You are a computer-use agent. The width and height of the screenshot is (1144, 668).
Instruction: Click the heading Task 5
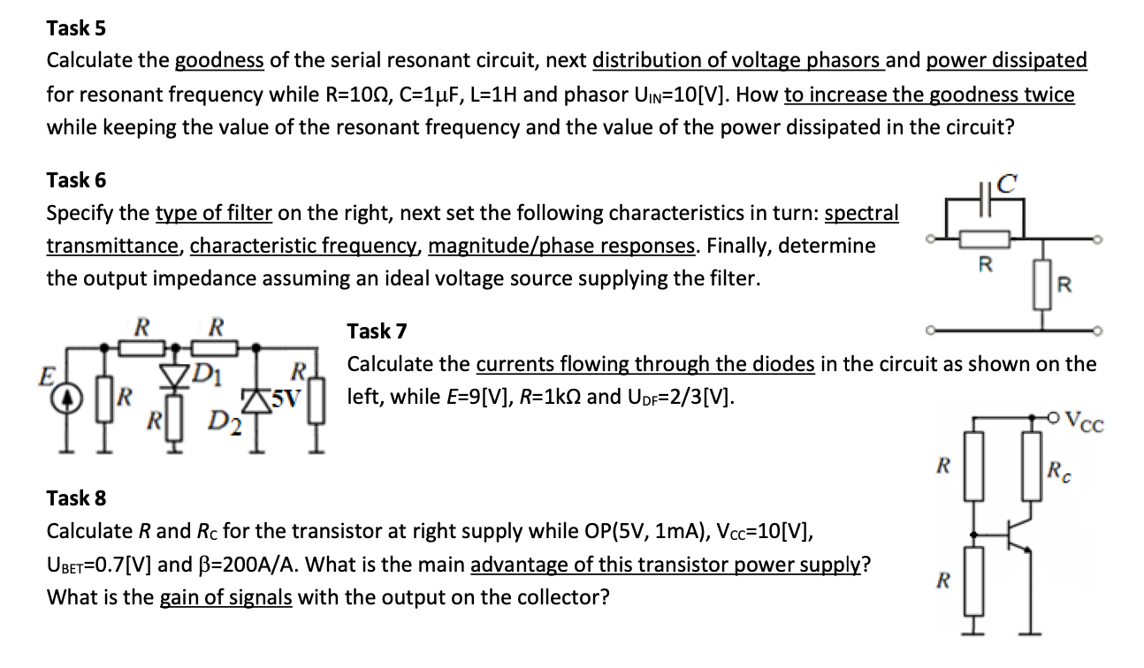pos(76,28)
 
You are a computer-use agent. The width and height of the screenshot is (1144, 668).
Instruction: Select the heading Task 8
pos(76,497)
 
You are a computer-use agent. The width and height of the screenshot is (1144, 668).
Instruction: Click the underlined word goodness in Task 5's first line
pos(219,61)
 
